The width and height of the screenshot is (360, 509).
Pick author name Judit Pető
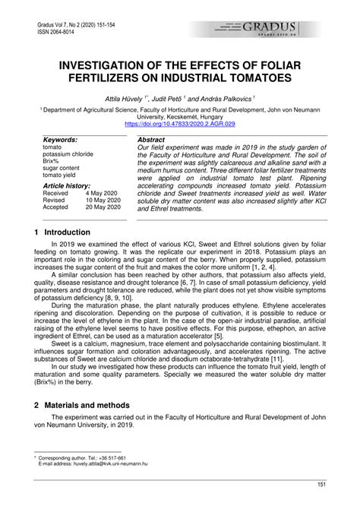[174, 98]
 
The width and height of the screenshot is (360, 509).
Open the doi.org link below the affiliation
[180, 123]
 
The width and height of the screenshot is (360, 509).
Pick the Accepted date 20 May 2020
[102, 207]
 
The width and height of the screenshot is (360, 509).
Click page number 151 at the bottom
[321, 483]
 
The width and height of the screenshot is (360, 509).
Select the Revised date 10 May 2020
[102, 200]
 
